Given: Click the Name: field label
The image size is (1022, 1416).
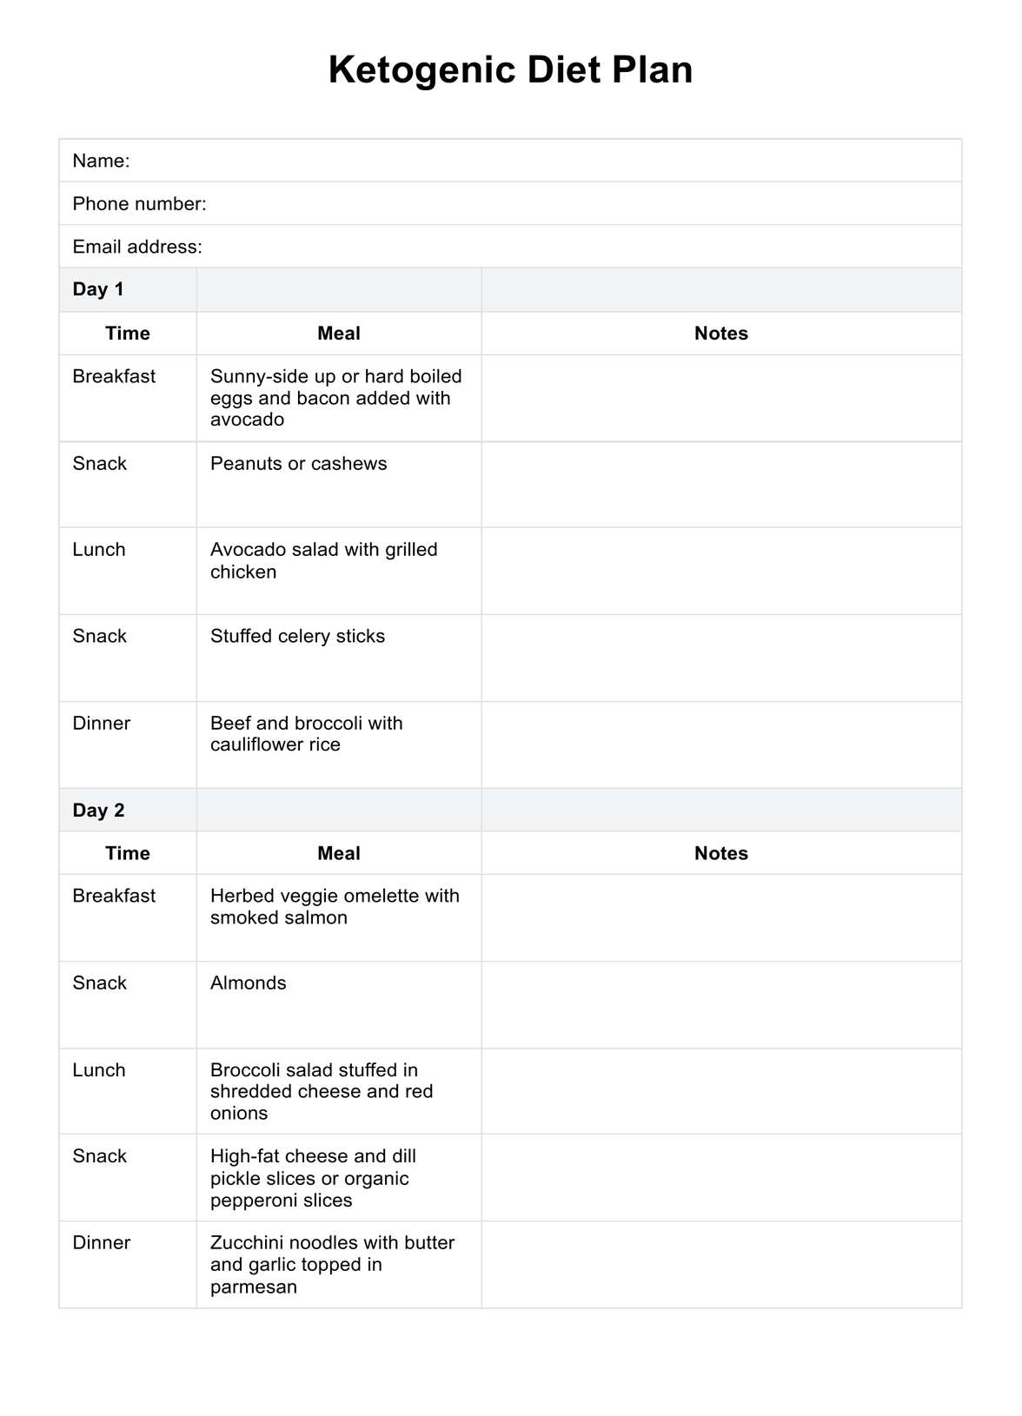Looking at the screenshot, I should click(101, 161).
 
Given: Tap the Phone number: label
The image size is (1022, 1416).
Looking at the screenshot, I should click(139, 204).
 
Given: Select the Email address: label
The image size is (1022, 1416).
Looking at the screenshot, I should click(137, 247).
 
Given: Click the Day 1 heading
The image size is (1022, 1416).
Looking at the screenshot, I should click(98, 289).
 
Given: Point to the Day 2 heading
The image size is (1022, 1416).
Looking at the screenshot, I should click(98, 811).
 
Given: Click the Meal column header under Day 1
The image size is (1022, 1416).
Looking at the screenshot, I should click(339, 334).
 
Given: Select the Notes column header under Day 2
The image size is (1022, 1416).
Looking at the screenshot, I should click(720, 853).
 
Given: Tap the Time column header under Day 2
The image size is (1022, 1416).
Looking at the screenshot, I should click(128, 853).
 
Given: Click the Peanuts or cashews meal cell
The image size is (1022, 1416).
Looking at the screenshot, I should click(298, 464).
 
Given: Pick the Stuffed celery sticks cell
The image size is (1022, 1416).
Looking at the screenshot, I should click(297, 637).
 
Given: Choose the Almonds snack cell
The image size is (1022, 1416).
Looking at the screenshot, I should click(249, 983).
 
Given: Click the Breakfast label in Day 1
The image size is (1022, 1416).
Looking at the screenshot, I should click(114, 377).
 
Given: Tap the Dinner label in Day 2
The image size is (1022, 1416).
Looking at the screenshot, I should click(102, 1243).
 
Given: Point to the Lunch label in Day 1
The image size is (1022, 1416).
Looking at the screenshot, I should click(99, 550).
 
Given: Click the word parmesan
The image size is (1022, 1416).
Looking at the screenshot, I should click(254, 1287).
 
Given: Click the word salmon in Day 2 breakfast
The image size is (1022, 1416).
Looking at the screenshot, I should click(316, 918).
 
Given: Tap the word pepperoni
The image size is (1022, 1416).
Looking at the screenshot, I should click(251, 1201).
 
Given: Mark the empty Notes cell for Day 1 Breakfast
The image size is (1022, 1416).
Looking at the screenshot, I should click(721, 398).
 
